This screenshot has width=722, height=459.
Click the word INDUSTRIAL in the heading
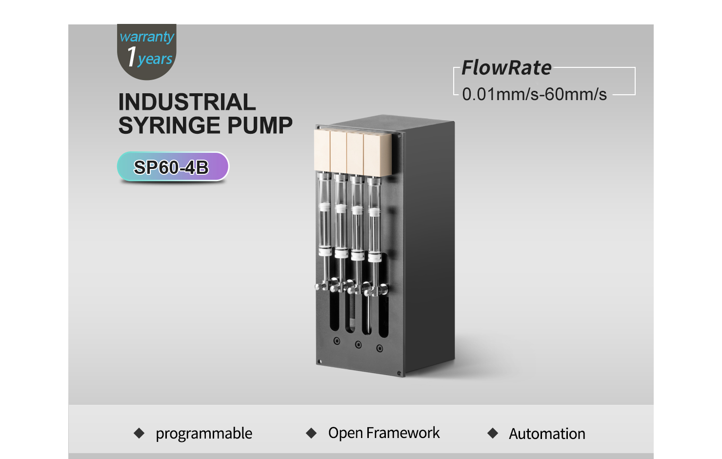[187, 102]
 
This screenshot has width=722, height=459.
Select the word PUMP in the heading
[260, 125]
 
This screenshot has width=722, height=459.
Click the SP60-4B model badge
[173, 167]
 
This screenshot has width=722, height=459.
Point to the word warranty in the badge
[147, 37]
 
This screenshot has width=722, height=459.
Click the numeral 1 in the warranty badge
[132, 57]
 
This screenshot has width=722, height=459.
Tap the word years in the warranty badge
[155, 60]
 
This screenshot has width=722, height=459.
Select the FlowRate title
[506, 68]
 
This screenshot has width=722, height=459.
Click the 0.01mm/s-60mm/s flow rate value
[534, 94]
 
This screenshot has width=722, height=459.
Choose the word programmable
[204, 434]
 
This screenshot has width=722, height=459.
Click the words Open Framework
[384, 433]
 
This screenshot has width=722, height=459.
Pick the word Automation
[547, 434]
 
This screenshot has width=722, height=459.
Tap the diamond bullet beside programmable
[139, 433]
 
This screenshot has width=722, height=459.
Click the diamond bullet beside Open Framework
[311, 433]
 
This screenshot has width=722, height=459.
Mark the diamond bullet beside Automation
[493, 433]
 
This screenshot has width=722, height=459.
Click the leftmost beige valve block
[322, 150]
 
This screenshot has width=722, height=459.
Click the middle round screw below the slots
[358, 344]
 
